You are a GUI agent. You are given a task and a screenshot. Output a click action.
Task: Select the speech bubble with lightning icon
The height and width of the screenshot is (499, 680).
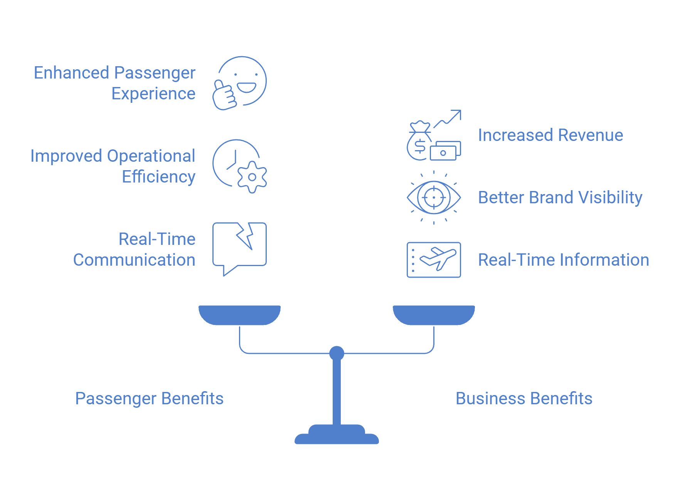[x=239, y=249]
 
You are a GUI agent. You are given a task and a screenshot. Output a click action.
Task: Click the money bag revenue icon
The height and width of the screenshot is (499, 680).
[x=434, y=135]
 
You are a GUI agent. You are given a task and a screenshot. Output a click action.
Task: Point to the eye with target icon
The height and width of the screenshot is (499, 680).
[x=434, y=198]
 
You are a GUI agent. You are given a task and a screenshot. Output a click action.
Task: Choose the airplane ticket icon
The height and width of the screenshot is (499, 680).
[x=434, y=260]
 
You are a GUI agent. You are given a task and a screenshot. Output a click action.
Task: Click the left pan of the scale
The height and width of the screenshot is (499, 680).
[x=239, y=315]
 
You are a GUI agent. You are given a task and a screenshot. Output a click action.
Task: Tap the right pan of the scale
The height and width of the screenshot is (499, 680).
[x=434, y=315]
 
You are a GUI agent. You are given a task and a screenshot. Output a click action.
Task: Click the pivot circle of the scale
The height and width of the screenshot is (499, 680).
[x=337, y=353]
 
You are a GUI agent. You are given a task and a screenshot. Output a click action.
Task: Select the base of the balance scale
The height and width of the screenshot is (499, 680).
[x=337, y=434]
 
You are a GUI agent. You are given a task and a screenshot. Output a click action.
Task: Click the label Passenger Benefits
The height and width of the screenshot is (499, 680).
[x=149, y=399]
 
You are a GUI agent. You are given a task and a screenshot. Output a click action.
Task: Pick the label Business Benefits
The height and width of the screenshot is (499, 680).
[x=524, y=399]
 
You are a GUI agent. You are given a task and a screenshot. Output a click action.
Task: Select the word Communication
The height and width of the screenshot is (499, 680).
[x=134, y=260]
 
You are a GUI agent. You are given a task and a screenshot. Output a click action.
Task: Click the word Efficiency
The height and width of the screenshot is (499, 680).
[x=159, y=177]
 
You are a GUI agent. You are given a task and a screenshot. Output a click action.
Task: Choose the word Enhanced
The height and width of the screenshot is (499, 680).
[x=72, y=73]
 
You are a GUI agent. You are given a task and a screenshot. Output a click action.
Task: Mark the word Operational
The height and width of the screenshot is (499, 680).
[x=151, y=156]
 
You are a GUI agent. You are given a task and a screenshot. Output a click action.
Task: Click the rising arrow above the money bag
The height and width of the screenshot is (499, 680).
[x=448, y=119]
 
